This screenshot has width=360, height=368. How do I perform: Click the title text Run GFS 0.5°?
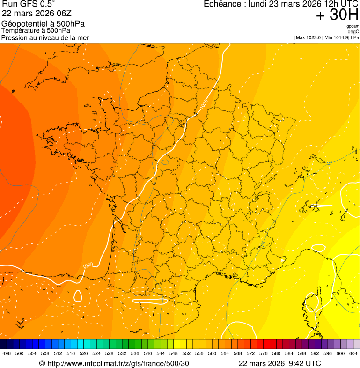point(28,5)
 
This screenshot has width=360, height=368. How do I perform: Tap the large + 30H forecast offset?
point(337,15)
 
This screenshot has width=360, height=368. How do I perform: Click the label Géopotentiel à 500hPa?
point(43,24)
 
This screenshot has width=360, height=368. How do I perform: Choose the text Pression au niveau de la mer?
point(45,37)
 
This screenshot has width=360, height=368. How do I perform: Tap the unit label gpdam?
point(353,26)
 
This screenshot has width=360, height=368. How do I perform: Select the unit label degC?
point(353,32)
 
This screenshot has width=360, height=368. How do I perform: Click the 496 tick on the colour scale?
point(7,354)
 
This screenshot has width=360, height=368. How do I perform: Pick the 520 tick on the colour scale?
point(84,354)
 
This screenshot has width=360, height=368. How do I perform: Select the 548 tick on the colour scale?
point(174,354)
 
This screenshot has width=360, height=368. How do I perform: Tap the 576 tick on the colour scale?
point(264,354)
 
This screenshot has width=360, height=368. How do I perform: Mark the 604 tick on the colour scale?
point(353,354)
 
